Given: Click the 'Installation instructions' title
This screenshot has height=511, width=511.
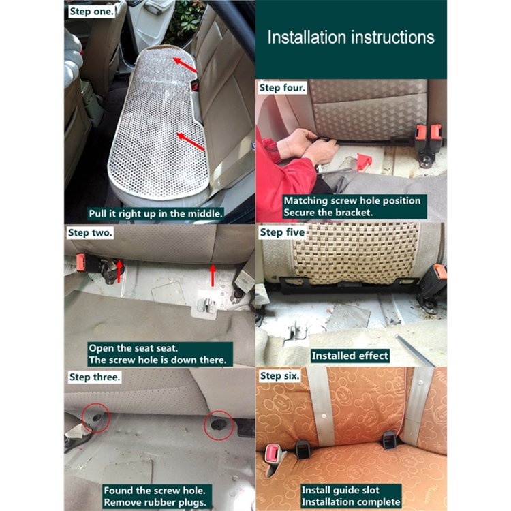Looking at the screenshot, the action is (351, 37).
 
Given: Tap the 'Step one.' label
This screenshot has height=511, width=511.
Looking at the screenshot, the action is (92, 12).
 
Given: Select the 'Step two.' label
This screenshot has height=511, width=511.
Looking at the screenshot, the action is (90, 233).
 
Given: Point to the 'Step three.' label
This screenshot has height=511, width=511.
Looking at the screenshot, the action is (95, 377).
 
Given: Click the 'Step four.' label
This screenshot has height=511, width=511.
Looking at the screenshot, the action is (282, 88).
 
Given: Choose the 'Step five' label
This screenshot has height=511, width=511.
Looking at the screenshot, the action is (282, 232).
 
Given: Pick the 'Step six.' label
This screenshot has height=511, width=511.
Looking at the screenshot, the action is (279, 375).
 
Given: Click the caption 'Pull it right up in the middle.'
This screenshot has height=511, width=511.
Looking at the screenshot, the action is (156, 213).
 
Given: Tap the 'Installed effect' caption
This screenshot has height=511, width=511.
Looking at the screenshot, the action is (350, 356).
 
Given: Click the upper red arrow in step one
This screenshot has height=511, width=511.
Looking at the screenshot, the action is (185, 65).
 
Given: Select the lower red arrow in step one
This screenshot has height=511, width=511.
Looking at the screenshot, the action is (191, 141).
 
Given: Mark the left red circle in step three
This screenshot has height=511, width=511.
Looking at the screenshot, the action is (96, 418).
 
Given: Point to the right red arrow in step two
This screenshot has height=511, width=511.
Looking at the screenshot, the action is (213, 275).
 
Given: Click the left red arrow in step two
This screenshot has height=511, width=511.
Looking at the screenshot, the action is (120, 271).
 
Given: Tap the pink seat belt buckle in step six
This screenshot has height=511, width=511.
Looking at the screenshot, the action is (272, 453).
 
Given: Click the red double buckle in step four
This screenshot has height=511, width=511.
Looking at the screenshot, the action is (428, 132).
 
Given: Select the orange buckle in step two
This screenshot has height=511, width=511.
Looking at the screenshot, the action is (80, 262).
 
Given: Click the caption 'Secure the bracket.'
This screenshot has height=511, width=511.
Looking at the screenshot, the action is (328, 213).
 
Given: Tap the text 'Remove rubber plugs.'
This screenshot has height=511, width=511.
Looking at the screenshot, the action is (155, 502).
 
